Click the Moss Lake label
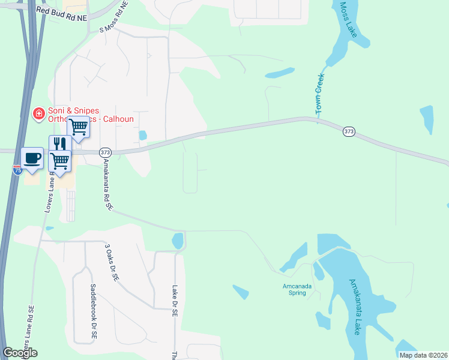click(x=349, y=20)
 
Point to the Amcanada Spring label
click(x=297, y=290)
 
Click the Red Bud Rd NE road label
click(x=62, y=14)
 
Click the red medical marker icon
click(x=38, y=113)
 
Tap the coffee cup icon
click(x=32, y=158)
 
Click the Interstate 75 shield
click(x=17, y=170)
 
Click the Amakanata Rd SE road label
click(x=107, y=183)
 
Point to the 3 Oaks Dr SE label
click(x=109, y=263)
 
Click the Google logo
click(x=20, y=353)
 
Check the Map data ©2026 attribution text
click(x=423, y=355)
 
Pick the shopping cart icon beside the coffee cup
click(x=59, y=161)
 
